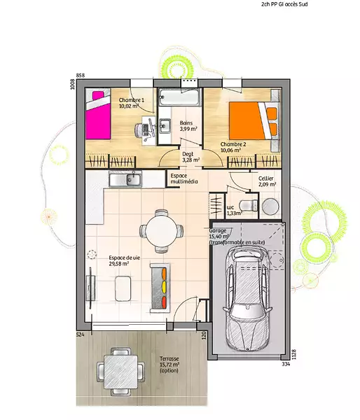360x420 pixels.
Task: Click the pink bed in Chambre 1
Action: [x=98, y=115]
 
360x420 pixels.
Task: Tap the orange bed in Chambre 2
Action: [x=253, y=120]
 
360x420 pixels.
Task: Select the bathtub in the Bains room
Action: [x=179, y=97]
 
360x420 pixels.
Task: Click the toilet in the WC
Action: [x=248, y=206]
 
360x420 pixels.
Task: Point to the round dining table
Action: [x=161, y=231]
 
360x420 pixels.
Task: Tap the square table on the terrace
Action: [x=120, y=372]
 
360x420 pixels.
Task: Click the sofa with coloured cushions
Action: [x=160, y=288]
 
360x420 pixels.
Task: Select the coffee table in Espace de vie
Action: [x=123, y=288]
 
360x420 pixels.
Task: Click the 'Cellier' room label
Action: [x=266, y=178]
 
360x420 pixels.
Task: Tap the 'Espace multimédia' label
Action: [x=184, y=178]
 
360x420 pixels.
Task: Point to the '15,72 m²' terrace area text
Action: [x=169, y=365]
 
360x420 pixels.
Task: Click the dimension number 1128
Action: [x=293, y=354]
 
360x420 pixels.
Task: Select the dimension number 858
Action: [x=81, y=76]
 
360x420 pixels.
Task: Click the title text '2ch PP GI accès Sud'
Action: [x=284, y=4]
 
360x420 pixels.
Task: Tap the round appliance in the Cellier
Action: [x=270, y=206]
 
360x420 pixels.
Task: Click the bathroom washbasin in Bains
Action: [x=164, y=126]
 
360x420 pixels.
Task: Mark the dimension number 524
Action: [x=81, y=335]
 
